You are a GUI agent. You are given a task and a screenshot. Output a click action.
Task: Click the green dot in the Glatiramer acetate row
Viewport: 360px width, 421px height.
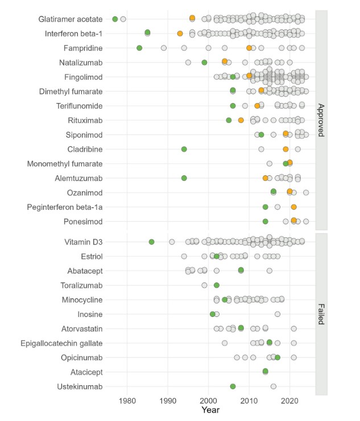115,19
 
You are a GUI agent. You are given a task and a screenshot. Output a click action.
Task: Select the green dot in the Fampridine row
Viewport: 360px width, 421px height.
139,48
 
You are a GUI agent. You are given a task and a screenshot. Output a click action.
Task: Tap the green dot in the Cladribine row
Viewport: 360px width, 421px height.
184,149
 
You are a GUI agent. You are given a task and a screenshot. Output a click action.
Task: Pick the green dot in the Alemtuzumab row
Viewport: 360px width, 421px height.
184,178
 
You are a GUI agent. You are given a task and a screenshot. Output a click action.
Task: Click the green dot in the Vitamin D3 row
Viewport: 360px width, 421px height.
151,242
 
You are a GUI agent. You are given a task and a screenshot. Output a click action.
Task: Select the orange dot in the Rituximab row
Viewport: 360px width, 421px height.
241,120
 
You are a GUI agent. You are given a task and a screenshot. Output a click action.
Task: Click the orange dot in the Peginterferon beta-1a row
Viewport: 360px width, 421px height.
293,207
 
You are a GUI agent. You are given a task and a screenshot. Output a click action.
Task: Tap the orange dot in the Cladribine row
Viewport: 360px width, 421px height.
285,149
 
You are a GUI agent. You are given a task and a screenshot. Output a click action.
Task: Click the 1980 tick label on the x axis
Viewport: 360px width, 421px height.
127,401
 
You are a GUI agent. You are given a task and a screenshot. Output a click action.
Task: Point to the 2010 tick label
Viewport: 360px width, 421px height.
249,401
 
